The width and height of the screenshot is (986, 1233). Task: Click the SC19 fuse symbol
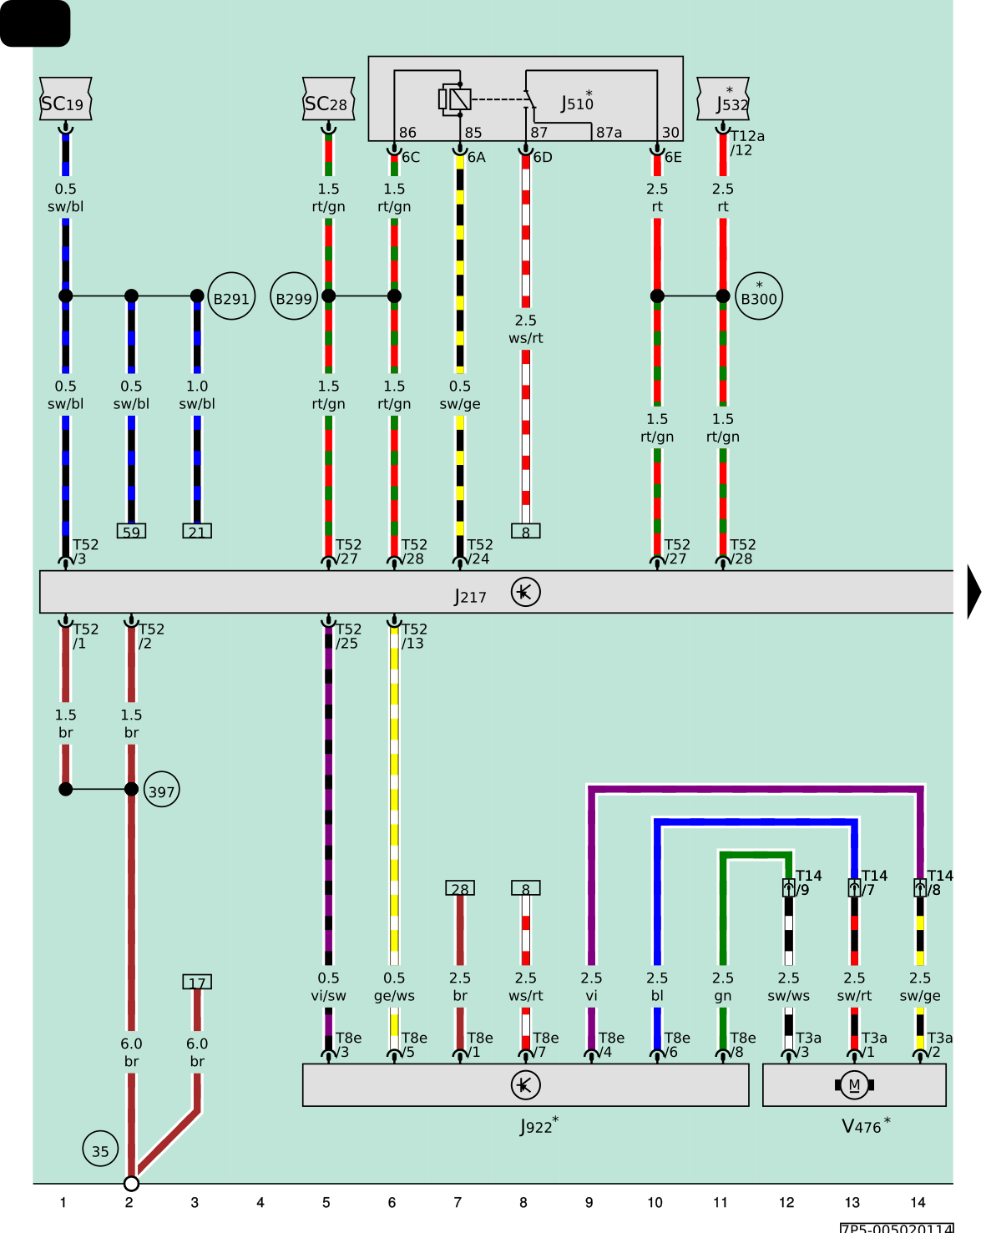pos(65,99)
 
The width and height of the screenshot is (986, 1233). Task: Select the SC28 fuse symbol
pos(328,99)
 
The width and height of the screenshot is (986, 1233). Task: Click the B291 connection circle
pos(231,296)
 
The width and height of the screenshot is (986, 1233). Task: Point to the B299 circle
pos(294,296)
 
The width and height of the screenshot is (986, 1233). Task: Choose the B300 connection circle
pos(759,296)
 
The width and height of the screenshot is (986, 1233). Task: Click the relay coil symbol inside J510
pos(455,99)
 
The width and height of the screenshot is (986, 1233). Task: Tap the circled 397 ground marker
pos(162,789)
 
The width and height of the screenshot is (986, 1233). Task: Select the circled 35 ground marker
pos(100,1148)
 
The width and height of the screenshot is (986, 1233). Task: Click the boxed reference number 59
pos(131,531)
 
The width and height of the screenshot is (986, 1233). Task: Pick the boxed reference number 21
pos(197,531)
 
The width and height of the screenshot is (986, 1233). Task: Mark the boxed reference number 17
pos(197,982)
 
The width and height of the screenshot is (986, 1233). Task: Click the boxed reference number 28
pos(459,887)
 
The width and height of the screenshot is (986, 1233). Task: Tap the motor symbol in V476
pos(854,1084)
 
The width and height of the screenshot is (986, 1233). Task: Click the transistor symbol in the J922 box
pos(525,1084)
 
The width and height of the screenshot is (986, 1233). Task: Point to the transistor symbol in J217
pos(525,592)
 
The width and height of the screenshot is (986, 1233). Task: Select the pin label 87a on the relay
pos(609,133)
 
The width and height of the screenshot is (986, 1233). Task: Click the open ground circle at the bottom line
pos(131,1183)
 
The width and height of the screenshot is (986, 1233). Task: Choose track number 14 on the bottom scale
pos(918,1202)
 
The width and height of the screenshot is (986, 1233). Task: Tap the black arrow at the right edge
pos(974,592)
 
